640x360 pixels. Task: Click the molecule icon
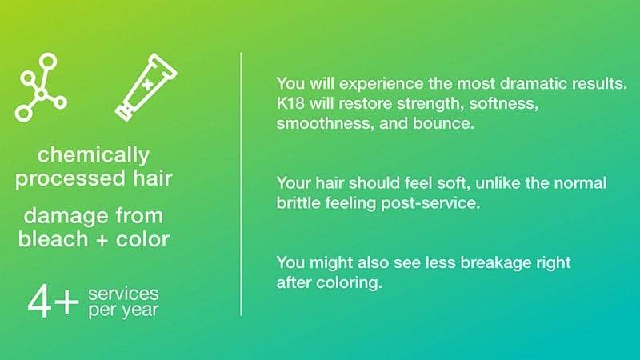tap(42, 94)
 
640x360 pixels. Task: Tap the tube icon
tap(146, 87)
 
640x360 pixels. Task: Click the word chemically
tap(94, 156)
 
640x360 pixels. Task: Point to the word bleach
tap(53, 238)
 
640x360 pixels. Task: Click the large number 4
tap(40, 302)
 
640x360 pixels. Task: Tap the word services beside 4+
tap(123, 294)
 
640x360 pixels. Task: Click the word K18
tap(290, 103)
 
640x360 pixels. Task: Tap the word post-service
tap(430, 203)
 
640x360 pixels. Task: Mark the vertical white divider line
tap(241, 184)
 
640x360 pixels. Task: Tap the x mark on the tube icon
tap(147, 85)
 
